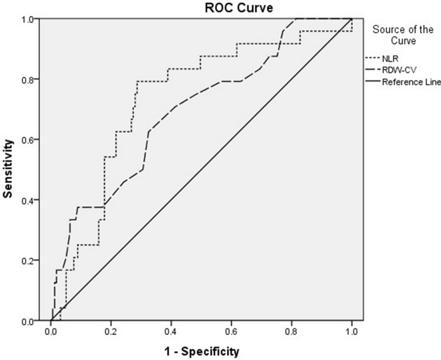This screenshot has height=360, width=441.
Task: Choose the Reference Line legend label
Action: click(411, 83)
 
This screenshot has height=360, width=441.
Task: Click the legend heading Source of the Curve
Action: click(402, 35)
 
